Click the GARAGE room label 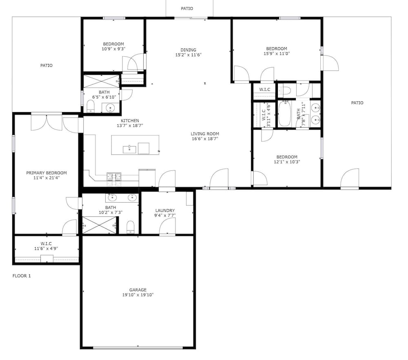click(x=138, y=290)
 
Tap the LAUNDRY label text click(x=165, y=210)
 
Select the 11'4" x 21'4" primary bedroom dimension click(x=47, y=178)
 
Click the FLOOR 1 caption click(x=22, y=276)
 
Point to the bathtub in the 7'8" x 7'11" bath click(x=285, y=114)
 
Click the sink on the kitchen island click(x=129, y=149)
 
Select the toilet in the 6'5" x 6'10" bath click(x=91, y=107)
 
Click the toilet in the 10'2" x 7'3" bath click(x=130, y=227)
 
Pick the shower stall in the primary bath click(x=99, y=225)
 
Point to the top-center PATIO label click(x=187, y=9)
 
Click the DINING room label click(x=188, y=50)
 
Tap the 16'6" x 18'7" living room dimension click(x=205, y=139)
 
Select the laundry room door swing click(x=167, y=227)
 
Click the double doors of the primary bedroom click(x=47, y=122)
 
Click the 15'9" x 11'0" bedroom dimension click(x=277, y=53)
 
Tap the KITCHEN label click(x=130, y=121)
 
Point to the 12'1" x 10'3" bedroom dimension click(x=287, y=162)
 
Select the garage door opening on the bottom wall click(x=138, y=347)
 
